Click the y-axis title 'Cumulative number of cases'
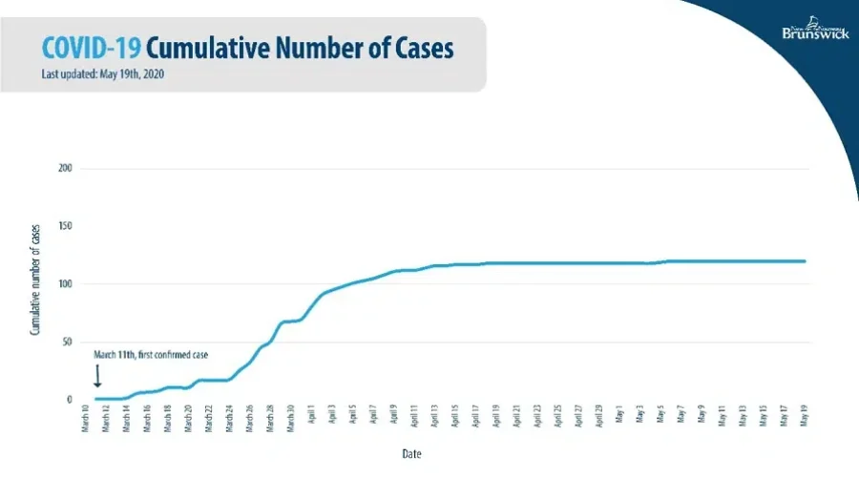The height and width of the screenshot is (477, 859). (35, 284)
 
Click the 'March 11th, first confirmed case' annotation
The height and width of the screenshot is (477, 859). (151, 354)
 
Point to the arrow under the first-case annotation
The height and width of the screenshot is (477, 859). (96, 377)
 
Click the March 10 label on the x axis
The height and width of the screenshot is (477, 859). (86, 421)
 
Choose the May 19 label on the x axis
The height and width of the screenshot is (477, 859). (804, 419)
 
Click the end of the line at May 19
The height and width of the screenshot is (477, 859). (805, 261)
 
